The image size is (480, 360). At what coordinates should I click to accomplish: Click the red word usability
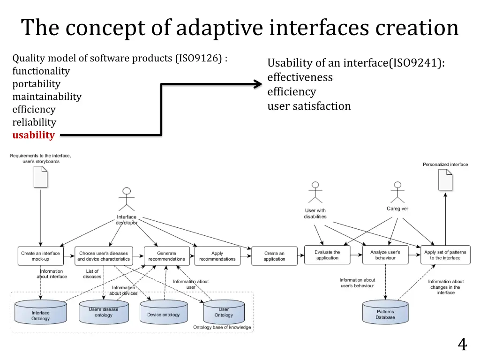tap(33, 135)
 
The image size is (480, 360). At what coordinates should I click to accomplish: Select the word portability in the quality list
tap(36, 84)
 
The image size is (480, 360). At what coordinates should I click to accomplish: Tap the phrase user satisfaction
tap(309, 106)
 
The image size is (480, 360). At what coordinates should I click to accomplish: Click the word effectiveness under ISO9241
tap(300, 77)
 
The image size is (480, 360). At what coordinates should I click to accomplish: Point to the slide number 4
tap(462, 345)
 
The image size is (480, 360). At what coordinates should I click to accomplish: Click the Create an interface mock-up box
tap(40, 256)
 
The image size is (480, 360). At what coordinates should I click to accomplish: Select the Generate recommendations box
tap(166, 256)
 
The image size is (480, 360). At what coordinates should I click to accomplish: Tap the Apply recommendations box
tap(217, 256)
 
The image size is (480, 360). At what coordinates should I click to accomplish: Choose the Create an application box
tap(274, 256)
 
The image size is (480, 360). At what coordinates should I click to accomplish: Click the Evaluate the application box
tap(327, 255)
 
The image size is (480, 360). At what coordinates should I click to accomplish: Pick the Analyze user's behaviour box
tap(385, 255)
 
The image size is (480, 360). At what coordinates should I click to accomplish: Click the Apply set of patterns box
tap(445, 255)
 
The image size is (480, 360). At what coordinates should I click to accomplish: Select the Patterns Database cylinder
tap(385, 312)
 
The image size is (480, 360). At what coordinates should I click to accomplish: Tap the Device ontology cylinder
tap(163, 313)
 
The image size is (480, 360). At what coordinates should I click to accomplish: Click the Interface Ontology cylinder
tap(40, 313)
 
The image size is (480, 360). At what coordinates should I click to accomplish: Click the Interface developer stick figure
tap(126, 199)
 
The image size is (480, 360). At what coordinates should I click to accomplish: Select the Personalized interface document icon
tap(445, 180)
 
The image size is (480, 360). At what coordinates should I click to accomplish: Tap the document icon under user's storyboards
tap(40, 177)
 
